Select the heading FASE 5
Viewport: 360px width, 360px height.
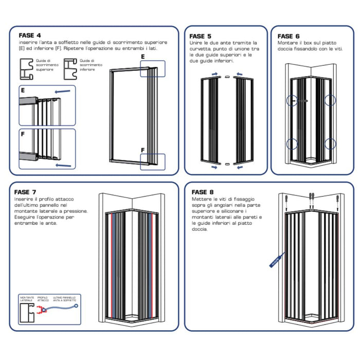tap(200, 36)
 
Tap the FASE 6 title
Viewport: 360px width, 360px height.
tap(289, 36)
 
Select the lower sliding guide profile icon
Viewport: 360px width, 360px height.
tap(70, 68)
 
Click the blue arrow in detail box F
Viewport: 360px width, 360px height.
tap(63, 166)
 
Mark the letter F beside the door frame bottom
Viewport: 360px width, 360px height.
tap(142, 150)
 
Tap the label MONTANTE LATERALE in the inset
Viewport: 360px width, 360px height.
tap(27, 298)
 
